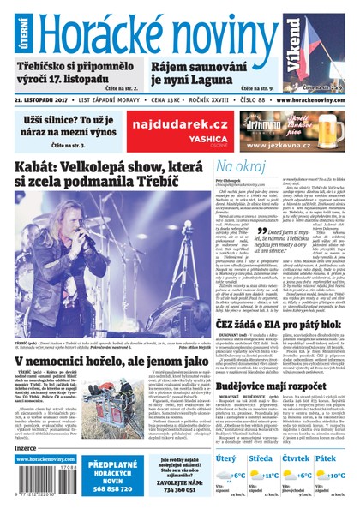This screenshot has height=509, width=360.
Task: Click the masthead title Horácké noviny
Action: [159, 33]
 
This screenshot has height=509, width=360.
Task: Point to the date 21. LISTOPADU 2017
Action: [43, 99]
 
